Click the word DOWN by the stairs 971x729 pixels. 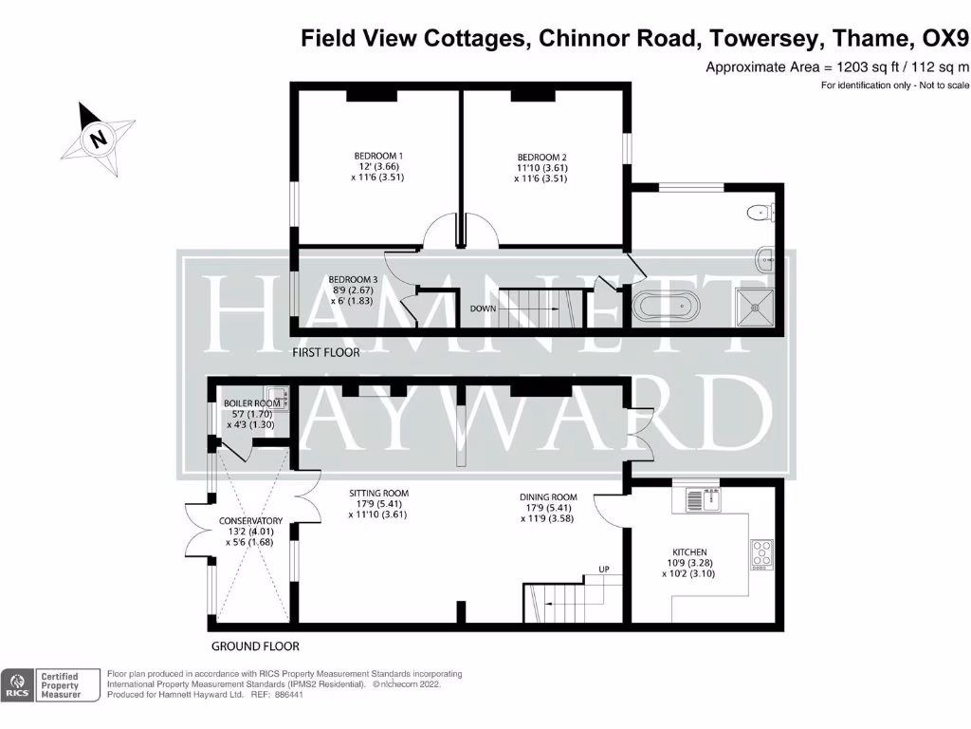(484, 308)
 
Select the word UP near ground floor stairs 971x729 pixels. (602, 570)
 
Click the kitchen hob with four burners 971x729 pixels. (761, 552)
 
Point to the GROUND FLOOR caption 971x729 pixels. (255, 646)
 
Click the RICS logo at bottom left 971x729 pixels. (17, 685)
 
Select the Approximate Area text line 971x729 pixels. (837, 67)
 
